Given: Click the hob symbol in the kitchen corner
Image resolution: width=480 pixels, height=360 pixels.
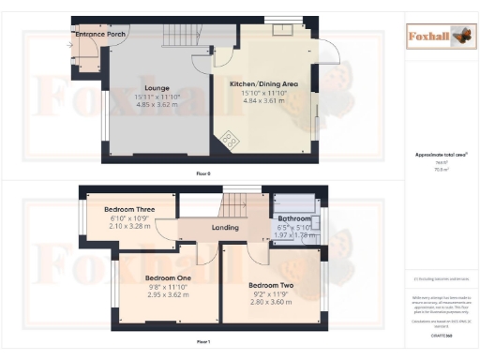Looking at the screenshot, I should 229,142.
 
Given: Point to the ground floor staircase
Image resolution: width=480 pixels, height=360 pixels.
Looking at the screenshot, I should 178,37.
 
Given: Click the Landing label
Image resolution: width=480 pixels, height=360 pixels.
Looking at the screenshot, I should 224,227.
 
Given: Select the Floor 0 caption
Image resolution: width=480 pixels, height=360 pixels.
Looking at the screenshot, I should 202,173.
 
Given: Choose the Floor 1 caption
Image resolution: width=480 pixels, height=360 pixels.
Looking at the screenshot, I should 202,343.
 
